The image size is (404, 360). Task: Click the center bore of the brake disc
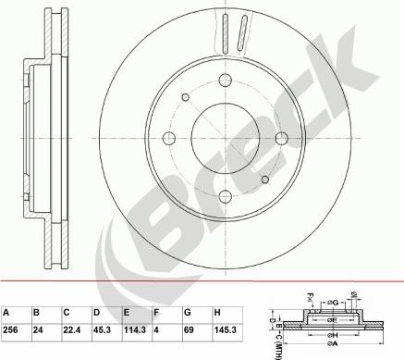pyautogui.click(x=225, y=138)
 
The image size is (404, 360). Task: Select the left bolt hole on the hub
pyautogui.click(x=169, y=138)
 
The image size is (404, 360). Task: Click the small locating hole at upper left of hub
pyautogui.click(x=186, y=97)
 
